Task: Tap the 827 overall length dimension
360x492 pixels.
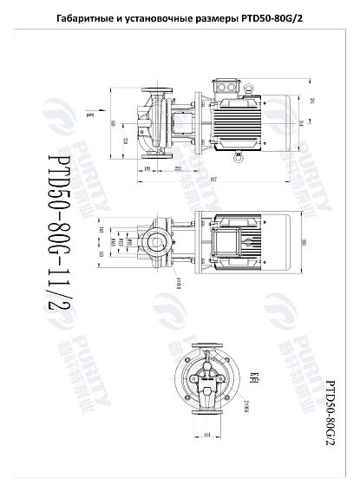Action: point(213,178)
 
